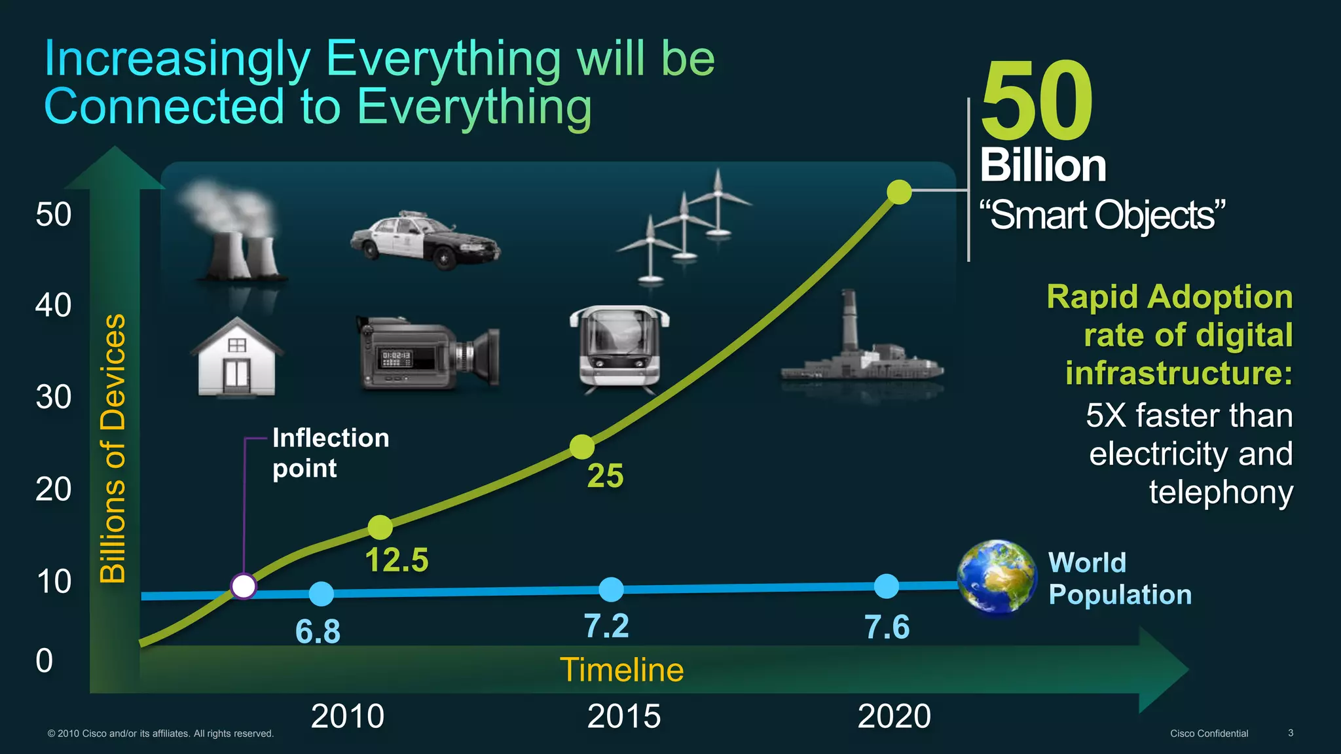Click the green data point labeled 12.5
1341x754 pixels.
click(380, 527)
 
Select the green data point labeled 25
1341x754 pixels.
click(581, 447)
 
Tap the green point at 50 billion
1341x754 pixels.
click(899, 192)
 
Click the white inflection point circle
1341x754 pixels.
click(244, 586)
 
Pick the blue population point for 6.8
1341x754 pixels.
click(321, 594)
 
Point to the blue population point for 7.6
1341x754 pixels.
click(887, 586)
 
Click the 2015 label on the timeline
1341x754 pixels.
click(623, 716)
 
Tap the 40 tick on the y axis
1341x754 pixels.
click(54, 306)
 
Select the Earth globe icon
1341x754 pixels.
click(997, 578)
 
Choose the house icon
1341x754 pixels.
click(237, 357)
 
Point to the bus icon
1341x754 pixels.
click(619, 348)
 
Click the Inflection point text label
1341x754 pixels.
click(330, 453)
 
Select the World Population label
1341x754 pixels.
click(1118, 579)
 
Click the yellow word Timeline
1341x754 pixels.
click(621, 670)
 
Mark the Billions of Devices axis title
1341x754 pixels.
click(113, 448)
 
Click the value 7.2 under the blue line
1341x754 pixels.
click(606, 626)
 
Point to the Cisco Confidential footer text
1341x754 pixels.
click(1209, 734)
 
